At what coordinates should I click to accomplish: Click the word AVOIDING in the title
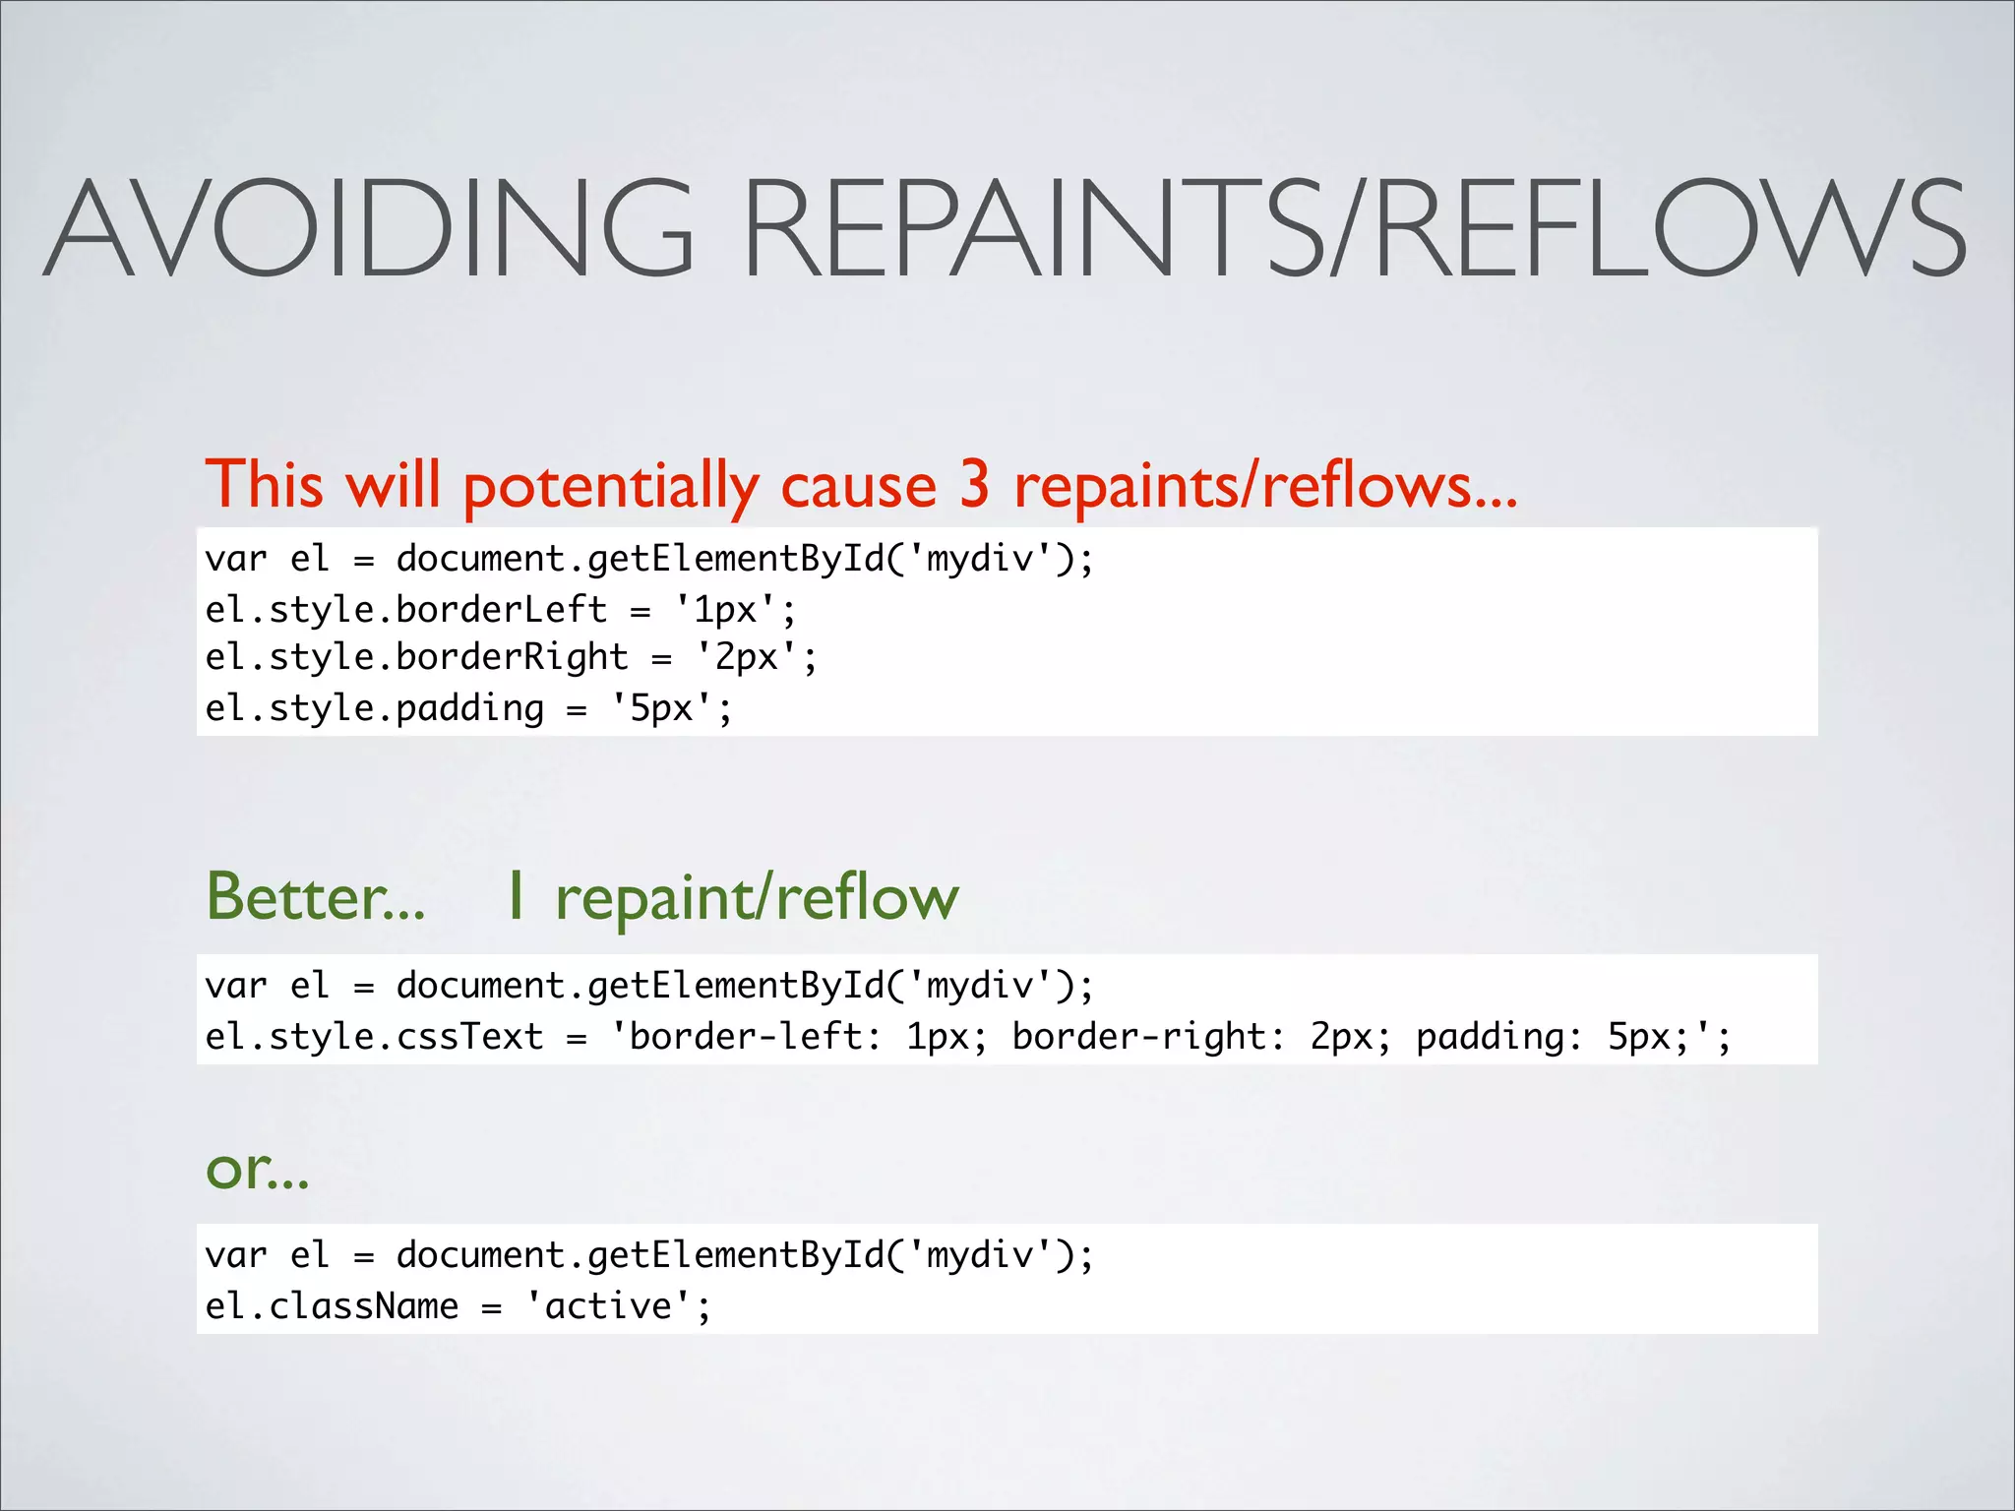371,228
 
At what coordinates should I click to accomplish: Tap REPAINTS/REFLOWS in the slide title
1354,228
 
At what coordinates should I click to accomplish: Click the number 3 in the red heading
974,484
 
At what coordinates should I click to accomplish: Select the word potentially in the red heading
611,486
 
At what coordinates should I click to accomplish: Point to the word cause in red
858,486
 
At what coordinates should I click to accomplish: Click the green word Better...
315,896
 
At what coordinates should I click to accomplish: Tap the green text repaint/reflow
756,898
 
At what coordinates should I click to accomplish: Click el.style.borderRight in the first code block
416,657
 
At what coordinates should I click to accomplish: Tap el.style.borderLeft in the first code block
405,610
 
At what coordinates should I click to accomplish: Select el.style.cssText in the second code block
374,1036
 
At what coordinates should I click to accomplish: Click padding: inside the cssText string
1498,1037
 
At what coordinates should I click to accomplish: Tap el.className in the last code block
332,1306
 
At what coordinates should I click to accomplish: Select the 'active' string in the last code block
608,1306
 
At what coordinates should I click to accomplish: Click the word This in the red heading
264,484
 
